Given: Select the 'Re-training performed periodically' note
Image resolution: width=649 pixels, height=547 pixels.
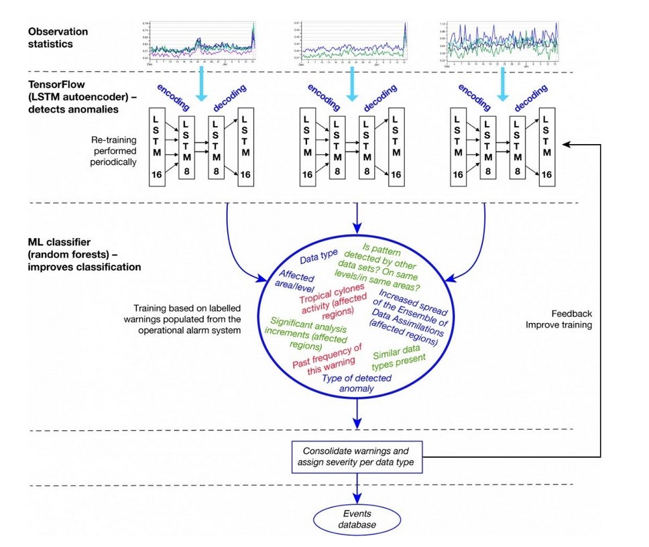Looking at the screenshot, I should click(x=114, y=151).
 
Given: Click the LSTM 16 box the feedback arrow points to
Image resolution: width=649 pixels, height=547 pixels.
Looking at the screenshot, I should click(x=547, y=145).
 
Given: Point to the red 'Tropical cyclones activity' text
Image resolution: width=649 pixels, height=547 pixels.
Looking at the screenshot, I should click(x=328, y=307).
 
